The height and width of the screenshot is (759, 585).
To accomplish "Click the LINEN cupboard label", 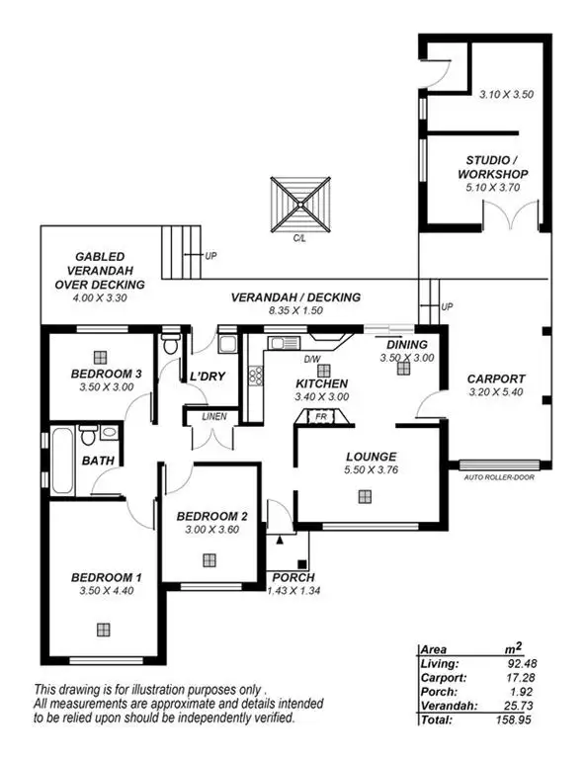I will click(214, 416).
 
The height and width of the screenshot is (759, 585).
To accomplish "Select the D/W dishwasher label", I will click(312, 359).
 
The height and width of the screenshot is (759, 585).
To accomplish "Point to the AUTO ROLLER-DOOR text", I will click(500, 477).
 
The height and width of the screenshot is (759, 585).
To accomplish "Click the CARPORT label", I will click(496, 379).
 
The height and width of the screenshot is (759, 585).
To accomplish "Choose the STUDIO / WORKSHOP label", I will click(497, 167).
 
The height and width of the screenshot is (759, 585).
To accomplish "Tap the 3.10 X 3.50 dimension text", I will click(505, 96).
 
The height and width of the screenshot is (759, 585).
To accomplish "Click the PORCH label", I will click(293, 577).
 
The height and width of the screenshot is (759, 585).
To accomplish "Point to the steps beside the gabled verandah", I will click(180, 241).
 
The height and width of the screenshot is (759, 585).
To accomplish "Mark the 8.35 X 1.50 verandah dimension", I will click(295, 310).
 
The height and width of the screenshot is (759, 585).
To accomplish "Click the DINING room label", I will click(407, 345).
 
